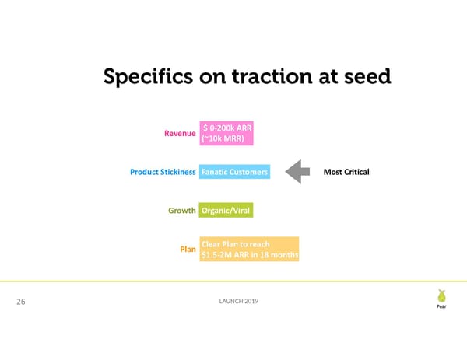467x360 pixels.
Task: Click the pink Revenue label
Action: pyautogui.click(x=178, y=132)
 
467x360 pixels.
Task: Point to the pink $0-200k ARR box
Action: pyautogui.click(x=226, y=132)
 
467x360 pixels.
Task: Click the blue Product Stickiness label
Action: pyautogui.click(x=163, y=171)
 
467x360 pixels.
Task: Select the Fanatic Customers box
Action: pyautogui.click(x=234, y=171)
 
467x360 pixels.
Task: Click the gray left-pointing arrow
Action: pyautogui.click(x=299, y=171)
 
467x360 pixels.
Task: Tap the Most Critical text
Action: pyautogui.click(x=346, y=171)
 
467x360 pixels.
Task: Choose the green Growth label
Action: pyautogui.click(x=181, y=210)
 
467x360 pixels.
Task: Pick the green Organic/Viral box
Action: pyautogui.click(x=226, y=210)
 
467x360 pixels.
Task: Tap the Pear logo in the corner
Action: pyautogui.click(x=441, y=299)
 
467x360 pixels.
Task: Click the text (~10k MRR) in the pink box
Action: pyautogui.click(x=223, y=138)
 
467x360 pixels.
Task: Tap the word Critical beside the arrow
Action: pyautogui.click(x=356, y=171)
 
